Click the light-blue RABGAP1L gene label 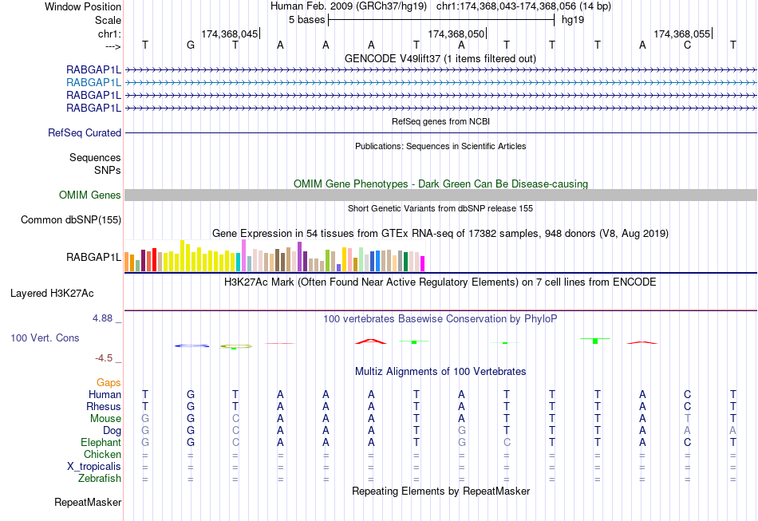93,82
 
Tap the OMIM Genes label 89,195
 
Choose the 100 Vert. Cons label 45,338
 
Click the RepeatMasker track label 88,503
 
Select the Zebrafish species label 101,479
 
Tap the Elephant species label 101,443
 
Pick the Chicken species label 102,455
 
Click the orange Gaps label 109,383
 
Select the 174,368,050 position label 456,34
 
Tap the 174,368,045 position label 230,34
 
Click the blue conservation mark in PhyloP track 191,345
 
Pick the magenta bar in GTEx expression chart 423,263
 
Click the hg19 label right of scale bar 573,19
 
